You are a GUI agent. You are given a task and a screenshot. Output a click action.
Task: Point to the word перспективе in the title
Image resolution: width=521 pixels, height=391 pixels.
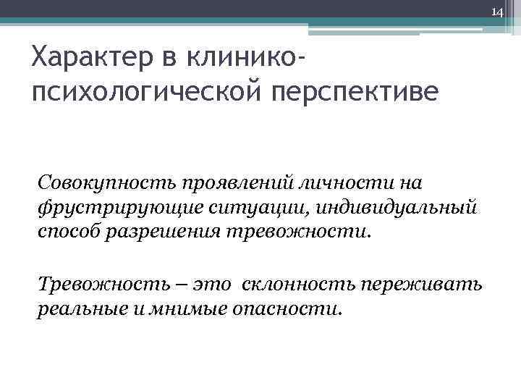pyautogui.click(x=355, y=93)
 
